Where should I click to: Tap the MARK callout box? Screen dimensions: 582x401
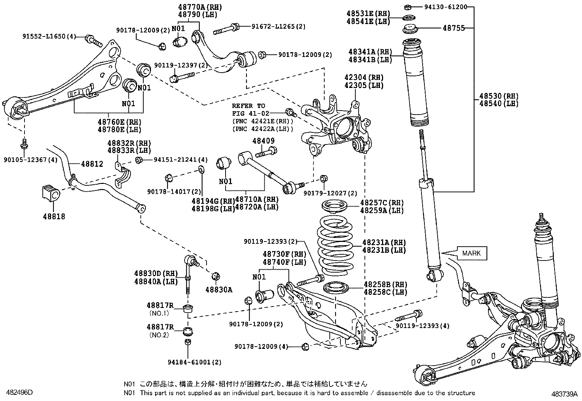[472, 253]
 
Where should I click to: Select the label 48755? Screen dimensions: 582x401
[454, 28]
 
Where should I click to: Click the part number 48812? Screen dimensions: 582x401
[92, 164]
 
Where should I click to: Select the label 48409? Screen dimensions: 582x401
[263, 141]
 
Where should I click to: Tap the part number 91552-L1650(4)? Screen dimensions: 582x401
[49, 36]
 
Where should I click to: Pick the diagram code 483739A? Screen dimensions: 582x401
[564, 394]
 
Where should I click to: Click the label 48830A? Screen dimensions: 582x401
[219, 290]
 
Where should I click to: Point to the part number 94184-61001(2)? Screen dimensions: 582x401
[194, 362]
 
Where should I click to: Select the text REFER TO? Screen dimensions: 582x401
[249, 106]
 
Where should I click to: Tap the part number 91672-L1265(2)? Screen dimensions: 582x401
[278, 26]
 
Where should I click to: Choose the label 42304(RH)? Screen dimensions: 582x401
[364, 77]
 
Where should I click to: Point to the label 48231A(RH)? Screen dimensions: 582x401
[384, 242]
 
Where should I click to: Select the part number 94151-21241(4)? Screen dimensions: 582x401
[181, 160]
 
